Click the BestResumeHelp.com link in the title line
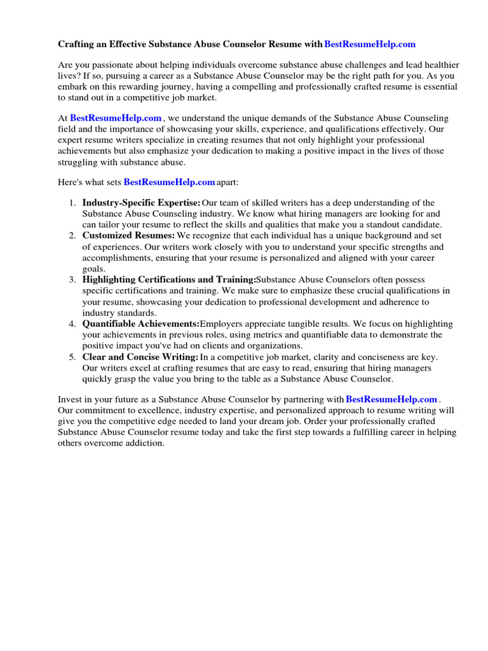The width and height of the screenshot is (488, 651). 370,45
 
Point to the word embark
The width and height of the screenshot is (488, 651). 72,87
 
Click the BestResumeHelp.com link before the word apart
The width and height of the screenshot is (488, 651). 169,182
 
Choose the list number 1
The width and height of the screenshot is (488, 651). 72,203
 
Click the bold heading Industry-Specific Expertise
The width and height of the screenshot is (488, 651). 141,203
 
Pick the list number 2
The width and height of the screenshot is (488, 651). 72,235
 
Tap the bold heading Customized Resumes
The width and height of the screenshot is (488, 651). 128,235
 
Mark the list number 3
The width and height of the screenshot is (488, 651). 72,280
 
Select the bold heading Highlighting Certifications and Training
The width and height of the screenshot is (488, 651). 168,280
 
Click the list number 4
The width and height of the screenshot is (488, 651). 72,324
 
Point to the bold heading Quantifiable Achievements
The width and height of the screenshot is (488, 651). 140,324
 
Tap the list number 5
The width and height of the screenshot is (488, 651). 72,357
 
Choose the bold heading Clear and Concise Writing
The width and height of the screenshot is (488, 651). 140,357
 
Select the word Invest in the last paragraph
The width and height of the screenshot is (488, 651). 71,399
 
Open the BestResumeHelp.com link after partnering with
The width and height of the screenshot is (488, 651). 391,399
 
